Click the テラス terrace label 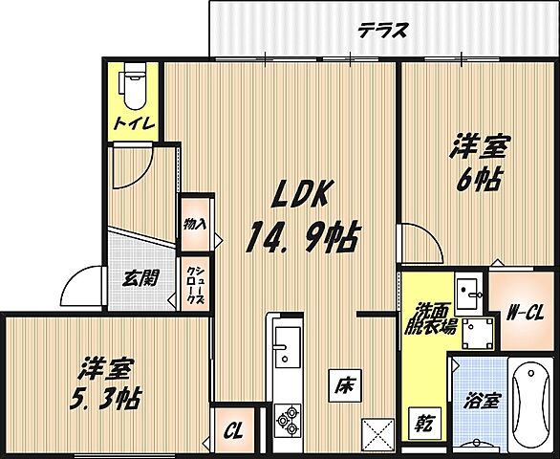click(384, 29)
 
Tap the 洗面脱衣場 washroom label click(435, 317)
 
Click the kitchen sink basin click(288, 343)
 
